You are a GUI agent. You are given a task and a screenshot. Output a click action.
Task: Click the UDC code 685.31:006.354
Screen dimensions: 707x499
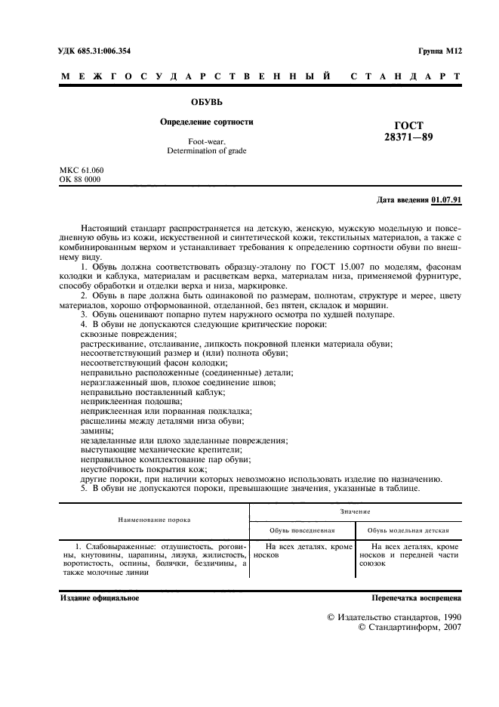click(x=109, y=50)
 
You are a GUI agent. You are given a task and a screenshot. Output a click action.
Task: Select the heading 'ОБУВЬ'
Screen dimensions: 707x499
click(x=206, y=100)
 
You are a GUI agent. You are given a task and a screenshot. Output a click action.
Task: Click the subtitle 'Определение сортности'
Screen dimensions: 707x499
click(x=206, y=122)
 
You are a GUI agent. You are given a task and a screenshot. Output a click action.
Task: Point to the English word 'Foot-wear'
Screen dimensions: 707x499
click(x=206, y=142)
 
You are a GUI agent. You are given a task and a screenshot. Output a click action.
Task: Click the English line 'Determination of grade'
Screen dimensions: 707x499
click(x=206, y=151)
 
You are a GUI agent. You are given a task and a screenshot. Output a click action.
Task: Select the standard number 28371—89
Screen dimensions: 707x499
click(x=408, y=137)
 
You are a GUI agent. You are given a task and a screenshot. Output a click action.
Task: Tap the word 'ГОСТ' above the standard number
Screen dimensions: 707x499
click(x=408, y=125)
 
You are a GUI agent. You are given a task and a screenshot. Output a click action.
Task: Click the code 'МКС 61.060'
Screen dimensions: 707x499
click(x=82, y=170)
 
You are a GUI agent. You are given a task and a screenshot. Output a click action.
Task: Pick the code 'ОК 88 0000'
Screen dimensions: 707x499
click(x=80, y=180)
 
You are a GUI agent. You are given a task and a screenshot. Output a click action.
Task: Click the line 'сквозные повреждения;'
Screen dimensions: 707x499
click(x=128, y=333)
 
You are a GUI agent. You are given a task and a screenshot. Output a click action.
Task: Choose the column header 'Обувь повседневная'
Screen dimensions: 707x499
click(x=302, y=530)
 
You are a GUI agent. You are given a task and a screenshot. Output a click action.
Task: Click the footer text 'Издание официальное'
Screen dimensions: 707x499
click(x=100, y=598)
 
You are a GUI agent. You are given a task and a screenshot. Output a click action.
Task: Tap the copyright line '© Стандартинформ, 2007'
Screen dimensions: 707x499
click(x=409, y=627)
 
